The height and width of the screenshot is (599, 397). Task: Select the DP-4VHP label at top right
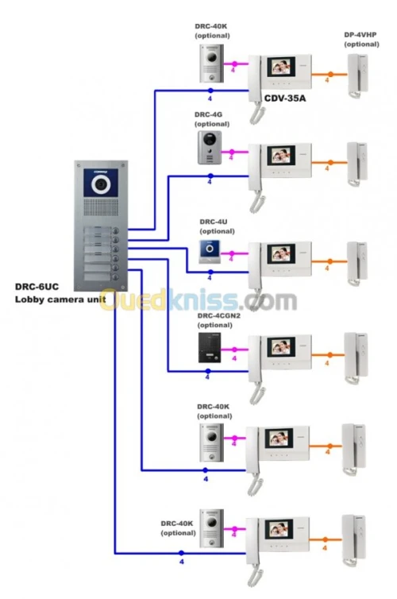(x=360, y=35)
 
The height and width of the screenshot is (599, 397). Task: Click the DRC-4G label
(x=208, y=114)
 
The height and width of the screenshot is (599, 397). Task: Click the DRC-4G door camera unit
(x=209, y=148)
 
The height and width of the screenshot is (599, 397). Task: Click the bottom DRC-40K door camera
(x=210, y=528)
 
